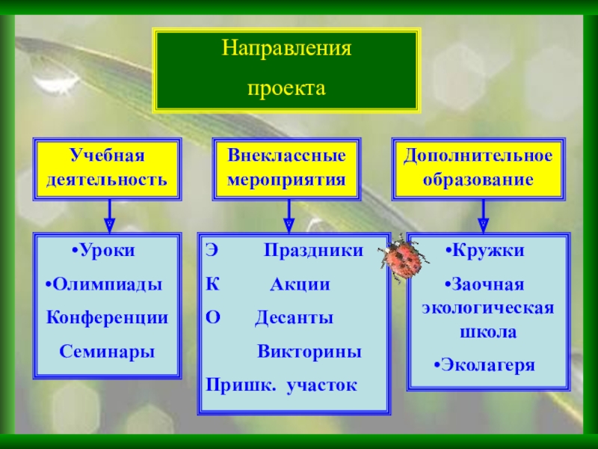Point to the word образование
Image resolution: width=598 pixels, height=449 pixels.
[x=478, y=180]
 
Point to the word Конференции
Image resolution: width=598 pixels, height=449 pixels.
[x=108, y=317]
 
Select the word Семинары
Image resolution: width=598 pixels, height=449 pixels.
[x=108, y=350]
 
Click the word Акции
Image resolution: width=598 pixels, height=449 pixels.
[x=300, y=284]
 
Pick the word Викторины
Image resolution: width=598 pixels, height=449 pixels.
[x=309, y=351]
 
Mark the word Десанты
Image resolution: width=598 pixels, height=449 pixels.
[x=294, y=317]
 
